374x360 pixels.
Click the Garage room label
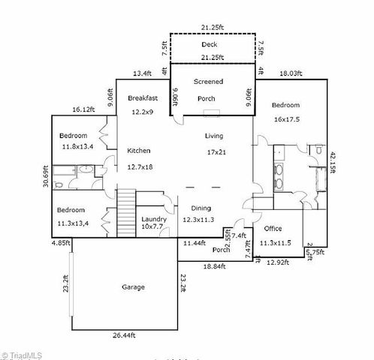point(133,286)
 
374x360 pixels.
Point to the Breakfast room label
point(143,98)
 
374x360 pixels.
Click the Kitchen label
point(140,149)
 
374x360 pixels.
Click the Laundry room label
point(154,219)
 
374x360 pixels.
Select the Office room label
point(272,228)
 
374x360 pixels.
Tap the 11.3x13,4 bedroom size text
point(74,223)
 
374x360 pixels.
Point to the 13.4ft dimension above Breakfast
point(143,73)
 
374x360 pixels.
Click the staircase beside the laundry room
point(125,214)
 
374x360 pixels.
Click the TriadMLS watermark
point(22,354)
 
